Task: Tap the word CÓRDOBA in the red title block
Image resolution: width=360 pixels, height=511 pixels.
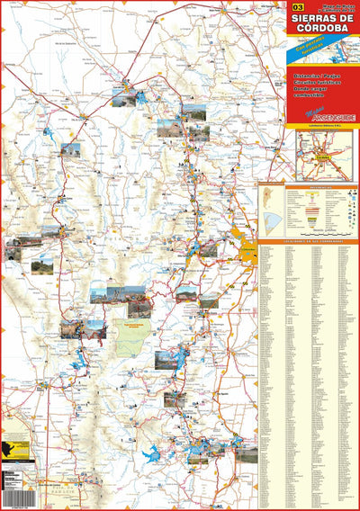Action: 322,31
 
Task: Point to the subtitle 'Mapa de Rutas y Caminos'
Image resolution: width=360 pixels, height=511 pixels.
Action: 324,6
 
